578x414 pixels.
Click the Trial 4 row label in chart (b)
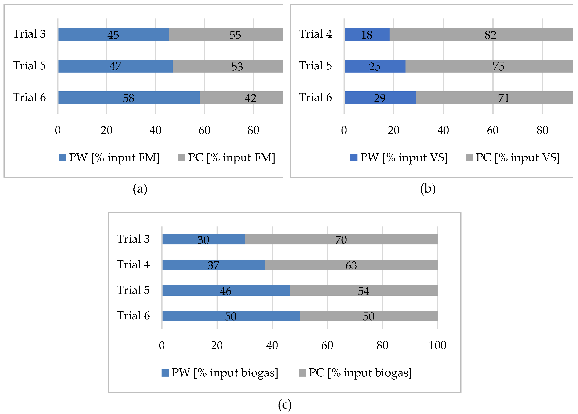(x=315, y=34)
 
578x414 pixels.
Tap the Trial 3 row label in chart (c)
(x=133, y=239)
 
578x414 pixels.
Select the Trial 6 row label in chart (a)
(x=29, y=97)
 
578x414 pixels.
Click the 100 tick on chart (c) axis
(x=437, y=345)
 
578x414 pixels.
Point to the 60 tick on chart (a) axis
(x=204, y=130)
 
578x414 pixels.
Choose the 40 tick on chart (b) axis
(x=443, y=130)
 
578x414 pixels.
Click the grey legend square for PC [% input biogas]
(x=302, y=373)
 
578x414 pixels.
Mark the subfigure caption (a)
(x=140, y=189)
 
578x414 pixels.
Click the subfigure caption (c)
(x=285, y=405)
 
